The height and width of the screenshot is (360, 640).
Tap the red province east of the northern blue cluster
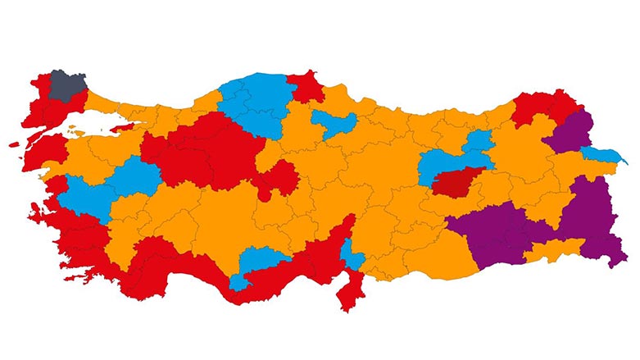click(x=306, y=85)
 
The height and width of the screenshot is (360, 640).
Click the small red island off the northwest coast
click(x=17, y=144)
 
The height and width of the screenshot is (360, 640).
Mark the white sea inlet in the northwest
click(x=98, y=125)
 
